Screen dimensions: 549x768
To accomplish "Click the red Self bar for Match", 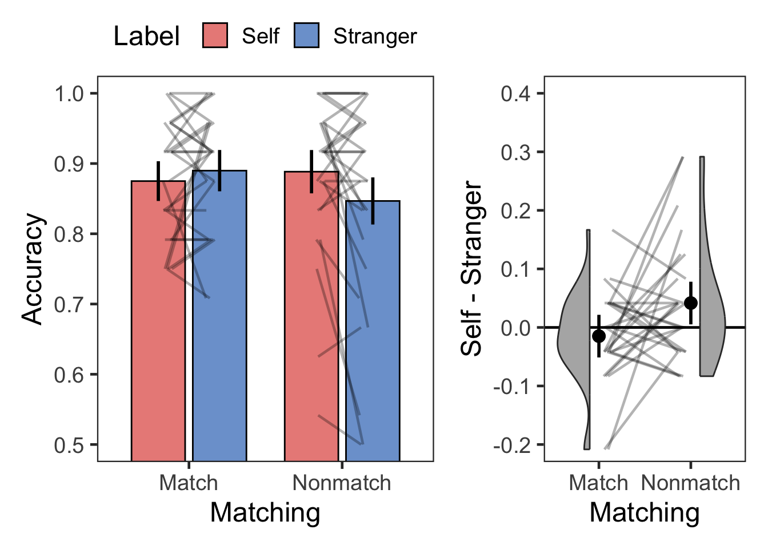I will (x=158, y=343).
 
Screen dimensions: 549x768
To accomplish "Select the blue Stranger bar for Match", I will (x=219, y=343).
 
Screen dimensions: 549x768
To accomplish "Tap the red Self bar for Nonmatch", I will (x=311, y=343).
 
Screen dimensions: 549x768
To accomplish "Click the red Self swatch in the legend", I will (x=215, y=36).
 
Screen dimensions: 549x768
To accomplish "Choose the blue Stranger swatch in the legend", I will (x=306, y=36).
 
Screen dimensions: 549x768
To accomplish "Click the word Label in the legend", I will (x=146, y=36).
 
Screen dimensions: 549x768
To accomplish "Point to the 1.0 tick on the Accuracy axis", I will (x=69, y=94).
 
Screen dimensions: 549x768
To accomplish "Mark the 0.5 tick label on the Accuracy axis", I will (x=69, y=445).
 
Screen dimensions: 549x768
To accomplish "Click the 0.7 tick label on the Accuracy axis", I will (x=69, y=304).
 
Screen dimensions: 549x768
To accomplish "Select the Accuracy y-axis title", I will (x=33, y=269).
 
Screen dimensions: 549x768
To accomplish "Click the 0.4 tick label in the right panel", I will (x=515, y=94).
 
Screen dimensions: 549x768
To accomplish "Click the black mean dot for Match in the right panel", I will (x=599, y=336).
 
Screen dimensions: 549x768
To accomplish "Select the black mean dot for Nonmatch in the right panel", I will (x=691, y=303).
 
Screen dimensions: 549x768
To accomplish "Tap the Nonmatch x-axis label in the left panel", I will (x=342, y=483).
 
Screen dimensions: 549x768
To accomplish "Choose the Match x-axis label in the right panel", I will (x=598, y=483).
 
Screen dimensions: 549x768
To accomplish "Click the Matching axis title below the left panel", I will (x=265, y=512).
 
